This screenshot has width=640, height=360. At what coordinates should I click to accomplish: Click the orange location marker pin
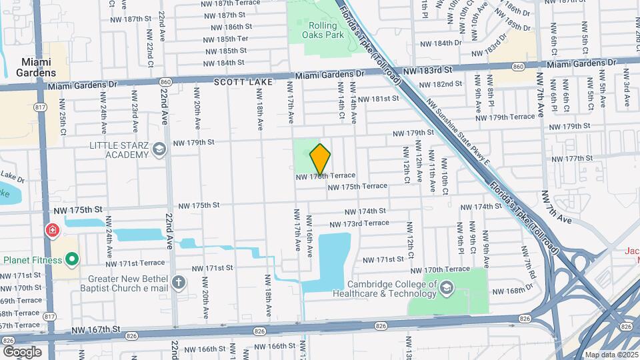321,159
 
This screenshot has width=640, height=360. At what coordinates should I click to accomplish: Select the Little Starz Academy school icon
159,149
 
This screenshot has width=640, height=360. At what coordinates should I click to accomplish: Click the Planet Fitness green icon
71,259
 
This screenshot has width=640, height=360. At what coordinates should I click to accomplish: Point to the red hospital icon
51,231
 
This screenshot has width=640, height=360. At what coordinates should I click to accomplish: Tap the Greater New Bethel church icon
178,281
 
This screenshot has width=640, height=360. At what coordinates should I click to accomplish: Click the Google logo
22,351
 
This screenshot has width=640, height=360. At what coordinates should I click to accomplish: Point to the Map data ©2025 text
611,355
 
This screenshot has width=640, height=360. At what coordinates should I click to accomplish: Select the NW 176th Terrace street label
325,176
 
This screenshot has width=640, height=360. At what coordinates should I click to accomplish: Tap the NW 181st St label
378,99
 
